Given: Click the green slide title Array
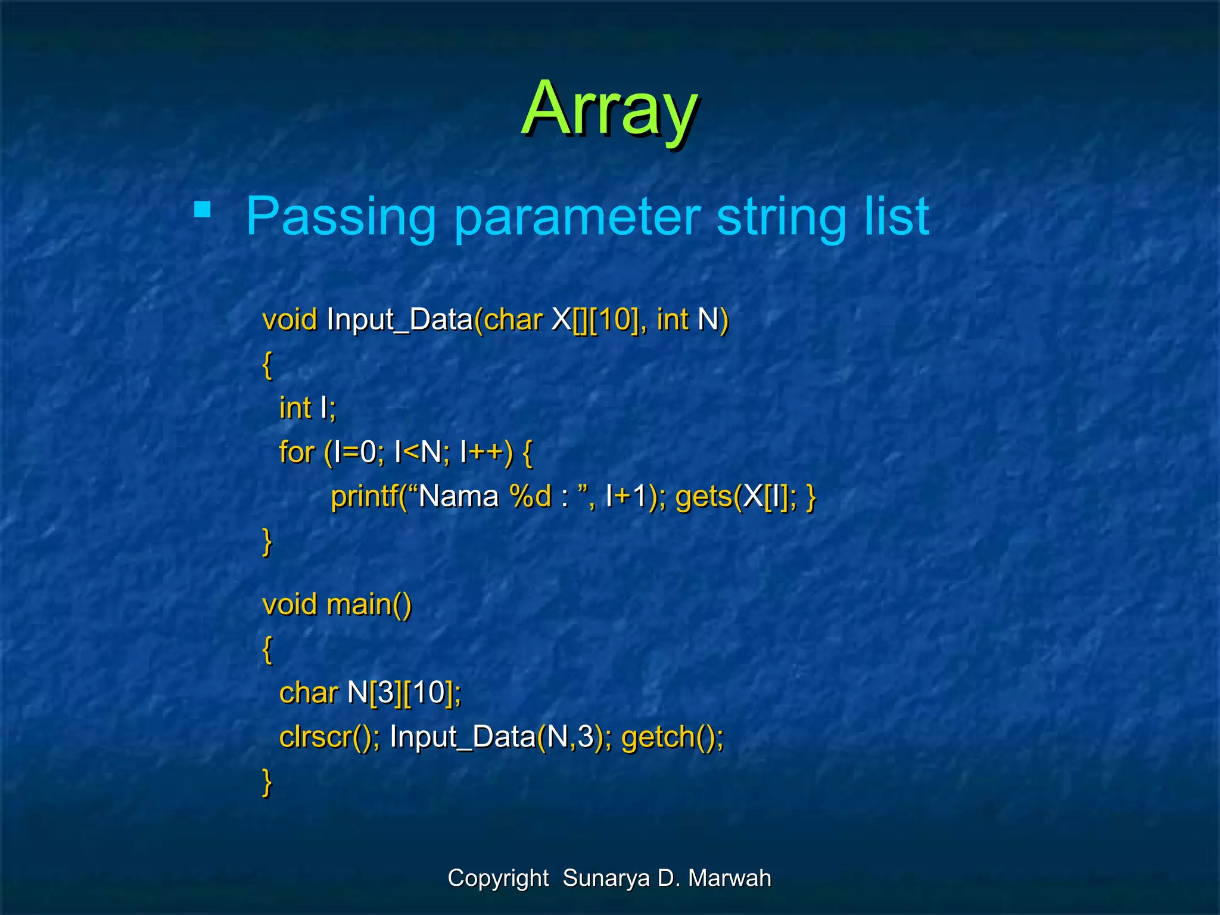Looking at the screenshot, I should tap(609, 110).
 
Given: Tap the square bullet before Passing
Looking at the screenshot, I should tap(203, 210).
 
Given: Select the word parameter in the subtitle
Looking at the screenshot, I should tap(577, 217).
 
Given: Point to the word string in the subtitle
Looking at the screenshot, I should tap(780, 217).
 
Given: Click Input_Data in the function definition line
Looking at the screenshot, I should tap(399, 320).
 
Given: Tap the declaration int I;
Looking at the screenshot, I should tap(307, 409).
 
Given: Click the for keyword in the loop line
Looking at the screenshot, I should tap(296, 453).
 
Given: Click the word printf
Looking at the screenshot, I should tap(364, 496).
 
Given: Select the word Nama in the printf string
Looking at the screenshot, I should tap(458, 497).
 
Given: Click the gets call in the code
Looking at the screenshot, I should tap(703, 497).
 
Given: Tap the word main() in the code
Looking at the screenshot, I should tap(369, 605).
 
